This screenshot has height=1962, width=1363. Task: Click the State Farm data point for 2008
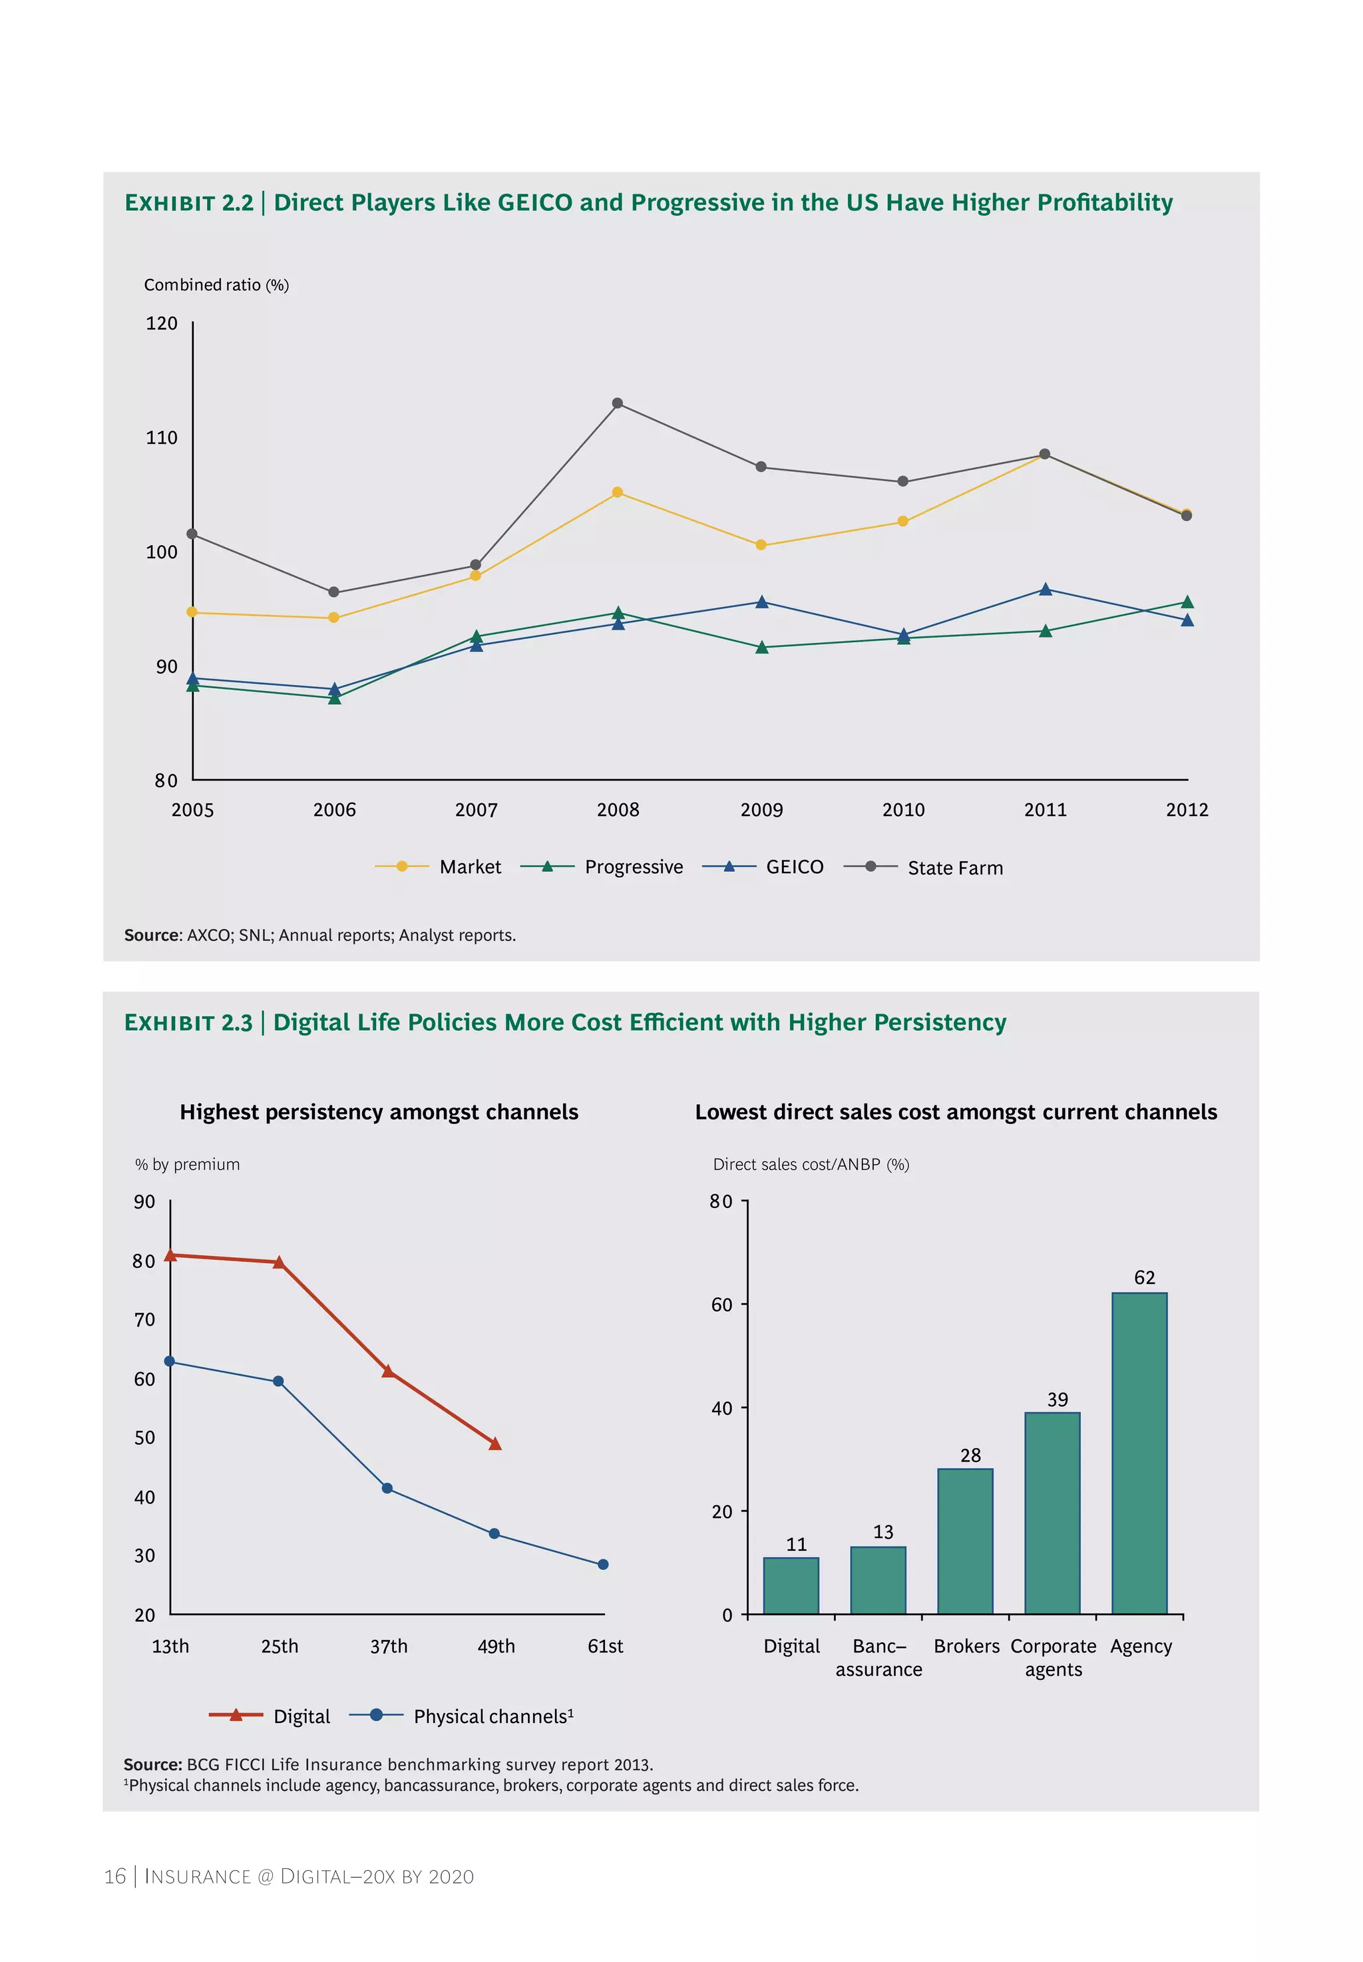618,403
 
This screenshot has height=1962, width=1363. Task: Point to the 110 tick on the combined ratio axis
162,437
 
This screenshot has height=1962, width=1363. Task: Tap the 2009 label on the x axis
761,809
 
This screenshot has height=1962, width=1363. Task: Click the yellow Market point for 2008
618,492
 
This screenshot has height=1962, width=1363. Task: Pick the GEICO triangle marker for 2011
1046,590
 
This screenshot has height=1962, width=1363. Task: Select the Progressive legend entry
602,867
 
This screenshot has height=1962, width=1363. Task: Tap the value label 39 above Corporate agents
1058,1400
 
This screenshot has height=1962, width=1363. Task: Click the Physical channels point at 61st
603,1565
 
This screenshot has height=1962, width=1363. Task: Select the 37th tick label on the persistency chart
389,1646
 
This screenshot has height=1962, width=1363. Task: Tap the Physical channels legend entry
462,1716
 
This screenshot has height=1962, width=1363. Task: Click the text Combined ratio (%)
216,285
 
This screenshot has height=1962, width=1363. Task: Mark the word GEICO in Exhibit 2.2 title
534,202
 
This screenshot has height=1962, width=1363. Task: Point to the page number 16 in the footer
114,1875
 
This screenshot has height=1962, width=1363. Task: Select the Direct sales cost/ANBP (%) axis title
811,1165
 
